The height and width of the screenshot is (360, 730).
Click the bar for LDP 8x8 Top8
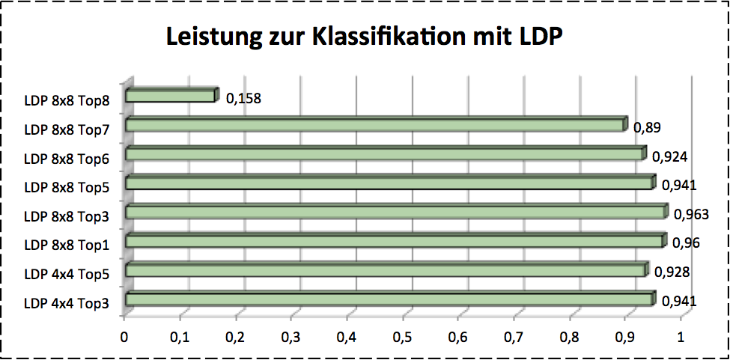pyautogui.click(x=171, y=96)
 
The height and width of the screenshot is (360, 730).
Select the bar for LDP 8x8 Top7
pyautogui.click(x=374, y=125)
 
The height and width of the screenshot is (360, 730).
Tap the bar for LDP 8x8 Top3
pyautogui.click(x=395, y=213)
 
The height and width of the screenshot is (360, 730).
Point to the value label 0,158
pyautogui.click(x=243, y=98)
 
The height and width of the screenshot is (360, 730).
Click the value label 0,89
pyautogui.click(x=647, y=128)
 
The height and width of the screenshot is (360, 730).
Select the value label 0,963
pyautogui.click(x=691, y=215)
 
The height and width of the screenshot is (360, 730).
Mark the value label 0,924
pyautogui.click(x=669, y=157)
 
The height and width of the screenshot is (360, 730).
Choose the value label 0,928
pyautogui.click(x=672, y=272)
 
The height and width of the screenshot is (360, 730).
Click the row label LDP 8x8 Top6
pyautogui.click(x=67, y=159)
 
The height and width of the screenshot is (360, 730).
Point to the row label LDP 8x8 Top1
pyautogui.click(x=67, y=245)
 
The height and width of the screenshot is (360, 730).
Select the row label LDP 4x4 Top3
pyautogui.click(x=67, y=303)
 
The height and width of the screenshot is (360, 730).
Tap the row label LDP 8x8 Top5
pyautogui.click(x=67, y=188)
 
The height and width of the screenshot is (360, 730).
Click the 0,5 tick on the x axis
pyautogui.click(x=403, y=338)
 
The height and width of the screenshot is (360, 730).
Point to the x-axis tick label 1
pyautogui.click(x=681, y=338)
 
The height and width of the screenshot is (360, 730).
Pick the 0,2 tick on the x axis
pyautogui.click(x=236, y=338)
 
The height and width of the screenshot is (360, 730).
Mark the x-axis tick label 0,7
pyautogui.click(x=514, y=338)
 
